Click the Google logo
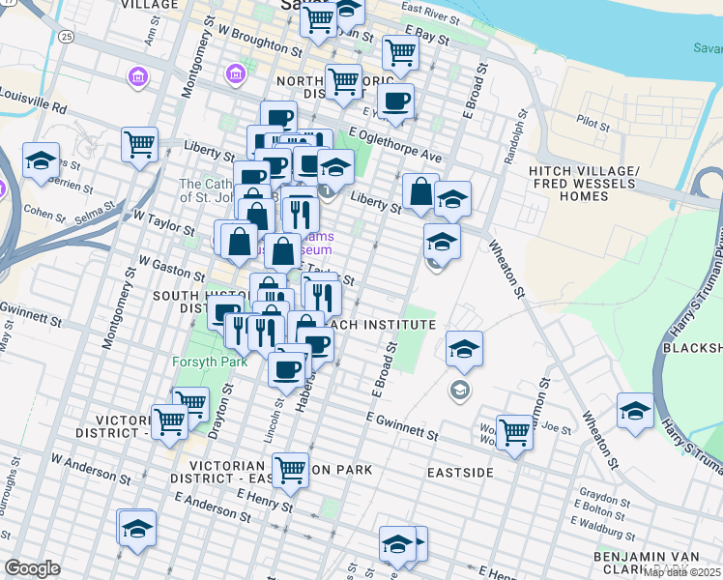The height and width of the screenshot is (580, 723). click(x=32, y=568)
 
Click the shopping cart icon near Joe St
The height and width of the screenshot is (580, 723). click(x=514, y=432)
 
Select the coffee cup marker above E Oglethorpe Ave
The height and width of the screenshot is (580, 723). click(x=393, y=100)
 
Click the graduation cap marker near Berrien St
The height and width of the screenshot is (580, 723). click(x=42, y=161)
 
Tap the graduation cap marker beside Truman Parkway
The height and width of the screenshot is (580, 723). click(x=635, y=409)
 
